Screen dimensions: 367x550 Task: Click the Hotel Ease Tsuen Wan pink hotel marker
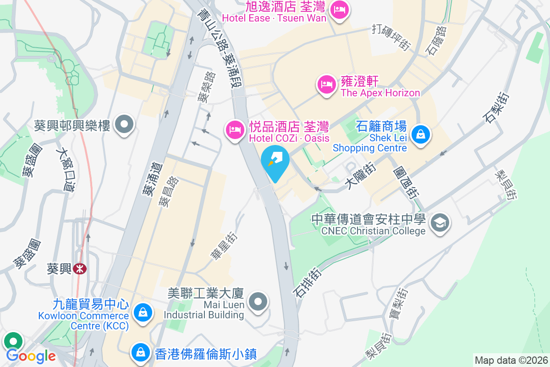[x=339, y=10]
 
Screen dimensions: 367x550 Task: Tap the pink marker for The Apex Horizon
[x=326, y=84]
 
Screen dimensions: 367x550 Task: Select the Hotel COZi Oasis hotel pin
[x=235, y=130]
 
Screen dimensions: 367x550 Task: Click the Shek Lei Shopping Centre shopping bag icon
[x=419, y=134]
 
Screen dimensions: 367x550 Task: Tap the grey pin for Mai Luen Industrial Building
[x=258, y=301]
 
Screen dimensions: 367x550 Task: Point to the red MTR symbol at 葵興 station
[x=80, y=268]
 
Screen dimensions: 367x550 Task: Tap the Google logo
[x=31, y=356]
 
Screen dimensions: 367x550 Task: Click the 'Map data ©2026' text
[x=511, y=360]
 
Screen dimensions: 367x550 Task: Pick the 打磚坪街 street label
[x=390, y=37]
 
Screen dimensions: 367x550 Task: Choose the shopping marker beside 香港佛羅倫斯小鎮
[x=139, y=352]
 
